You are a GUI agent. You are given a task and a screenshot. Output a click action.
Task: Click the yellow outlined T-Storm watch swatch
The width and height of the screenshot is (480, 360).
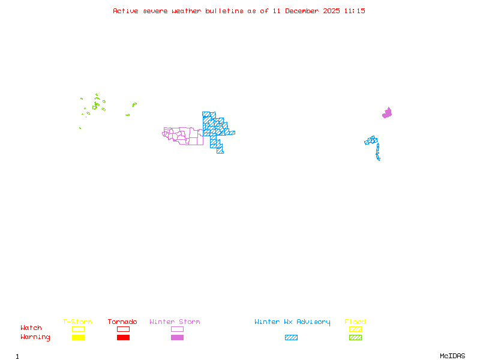(x=78, y=329)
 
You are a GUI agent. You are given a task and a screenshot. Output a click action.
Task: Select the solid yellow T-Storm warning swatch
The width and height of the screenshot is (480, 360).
(x=78, y=338)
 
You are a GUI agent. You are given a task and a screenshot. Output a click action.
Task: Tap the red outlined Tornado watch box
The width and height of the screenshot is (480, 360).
(x=123, y=329)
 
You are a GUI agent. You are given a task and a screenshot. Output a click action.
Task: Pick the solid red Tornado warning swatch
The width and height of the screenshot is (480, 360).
(x=123, y=338)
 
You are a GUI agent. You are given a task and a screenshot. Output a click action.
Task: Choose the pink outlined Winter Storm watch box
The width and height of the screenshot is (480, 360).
(x=177, y=329)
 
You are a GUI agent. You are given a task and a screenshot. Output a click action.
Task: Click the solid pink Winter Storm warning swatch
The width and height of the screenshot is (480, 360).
(x=177, y=338)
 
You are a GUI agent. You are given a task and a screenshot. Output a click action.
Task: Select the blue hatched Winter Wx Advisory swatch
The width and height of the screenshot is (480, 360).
(x=291, y=338)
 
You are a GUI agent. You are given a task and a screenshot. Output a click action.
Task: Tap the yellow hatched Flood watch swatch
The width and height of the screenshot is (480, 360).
(x=355, y=329)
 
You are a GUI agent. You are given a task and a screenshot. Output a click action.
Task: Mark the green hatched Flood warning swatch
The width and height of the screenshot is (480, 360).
(x=355, y=338)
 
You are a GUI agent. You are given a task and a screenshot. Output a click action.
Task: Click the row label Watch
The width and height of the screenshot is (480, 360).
(x=31, y=328)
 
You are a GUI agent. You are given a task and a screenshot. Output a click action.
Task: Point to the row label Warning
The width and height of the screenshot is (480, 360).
(x=35, y=337)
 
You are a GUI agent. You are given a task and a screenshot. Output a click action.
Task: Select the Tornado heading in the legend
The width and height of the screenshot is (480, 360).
(x=122, y=322)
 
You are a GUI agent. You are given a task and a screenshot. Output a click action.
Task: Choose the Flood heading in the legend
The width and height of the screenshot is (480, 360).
(x=355, y=322)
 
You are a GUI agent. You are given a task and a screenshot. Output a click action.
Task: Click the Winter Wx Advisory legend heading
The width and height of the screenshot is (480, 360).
(x=292, y=322)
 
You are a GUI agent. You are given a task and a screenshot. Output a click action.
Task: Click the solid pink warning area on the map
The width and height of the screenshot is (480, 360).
(x=387, y=113)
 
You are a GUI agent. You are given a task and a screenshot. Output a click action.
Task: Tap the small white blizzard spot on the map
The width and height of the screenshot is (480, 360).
(x=380, y=159)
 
